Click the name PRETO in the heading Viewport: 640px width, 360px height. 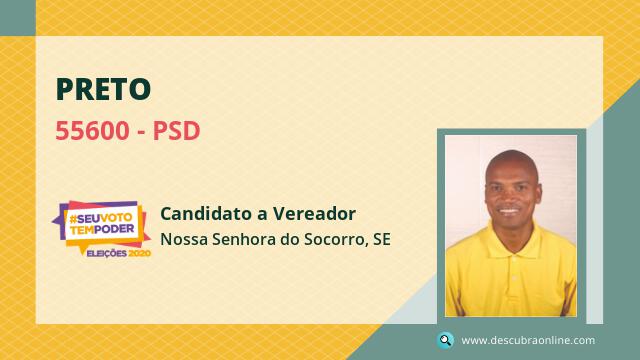pyautogui.click(x=103, y=89)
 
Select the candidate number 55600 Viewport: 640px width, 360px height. pyautogui.click(x=92, y=131)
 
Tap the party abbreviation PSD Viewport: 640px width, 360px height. pyautogui.click(x=176, y=131)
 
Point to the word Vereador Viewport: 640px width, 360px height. pyautogui.click(x=314, y=213)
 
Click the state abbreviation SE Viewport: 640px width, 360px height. pyautogui.click(x=382, y=239)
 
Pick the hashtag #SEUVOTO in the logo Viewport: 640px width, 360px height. pyautogui.click(x=101, y=219)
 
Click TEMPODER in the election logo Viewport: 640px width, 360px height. pyautogui.click(x=102, y=230)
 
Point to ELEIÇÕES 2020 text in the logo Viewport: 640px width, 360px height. pyautogui.click(x=118, y=253)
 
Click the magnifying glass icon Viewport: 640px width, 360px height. pyautogui.click(x=445, y=340)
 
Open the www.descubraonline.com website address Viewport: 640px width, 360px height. pyautogui.click(x=528, y=340)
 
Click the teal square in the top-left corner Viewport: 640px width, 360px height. pyautogui.click(x=18, y=18)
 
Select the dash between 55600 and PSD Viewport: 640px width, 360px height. pyautogui.click(x=141, y=132)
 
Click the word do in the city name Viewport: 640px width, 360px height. pyautogui.click(x=290, y=239)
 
